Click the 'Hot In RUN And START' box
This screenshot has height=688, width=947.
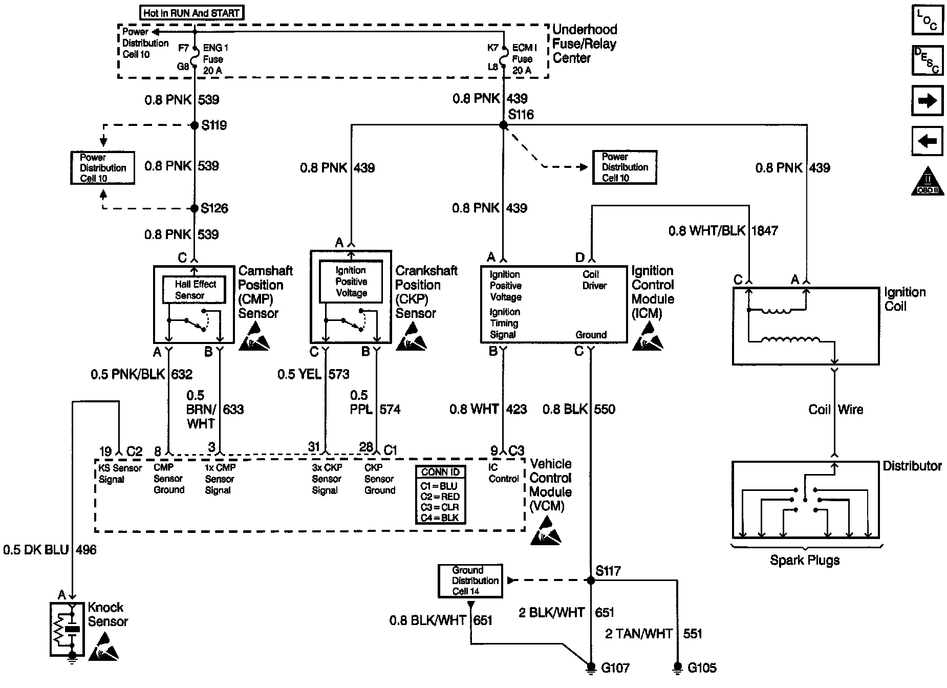[x=191, y=13]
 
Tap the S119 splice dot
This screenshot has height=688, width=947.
[x=195, y=125]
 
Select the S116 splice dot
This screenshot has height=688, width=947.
[x=503, y=125]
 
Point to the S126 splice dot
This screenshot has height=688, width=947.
[x=195, y=208]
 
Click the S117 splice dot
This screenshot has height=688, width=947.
[x=591, y=580]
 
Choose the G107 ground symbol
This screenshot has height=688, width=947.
[x=591, y=667]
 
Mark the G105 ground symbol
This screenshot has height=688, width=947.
[x=678, y=667]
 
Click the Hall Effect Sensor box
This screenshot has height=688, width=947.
[x=194, y=290]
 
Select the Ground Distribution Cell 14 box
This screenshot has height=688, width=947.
[x=470, y=580]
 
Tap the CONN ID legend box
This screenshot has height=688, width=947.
[x=440, y=494]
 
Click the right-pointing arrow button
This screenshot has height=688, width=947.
[x=927, y=101]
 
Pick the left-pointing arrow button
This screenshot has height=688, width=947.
[x=927, y=141]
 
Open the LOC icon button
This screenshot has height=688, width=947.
[x=927, y=20]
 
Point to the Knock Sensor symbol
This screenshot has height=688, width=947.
[x=67, y=630]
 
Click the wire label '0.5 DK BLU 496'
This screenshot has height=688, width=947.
[x=50, y=550]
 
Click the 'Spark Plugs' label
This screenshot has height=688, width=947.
[x=805, y=560]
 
